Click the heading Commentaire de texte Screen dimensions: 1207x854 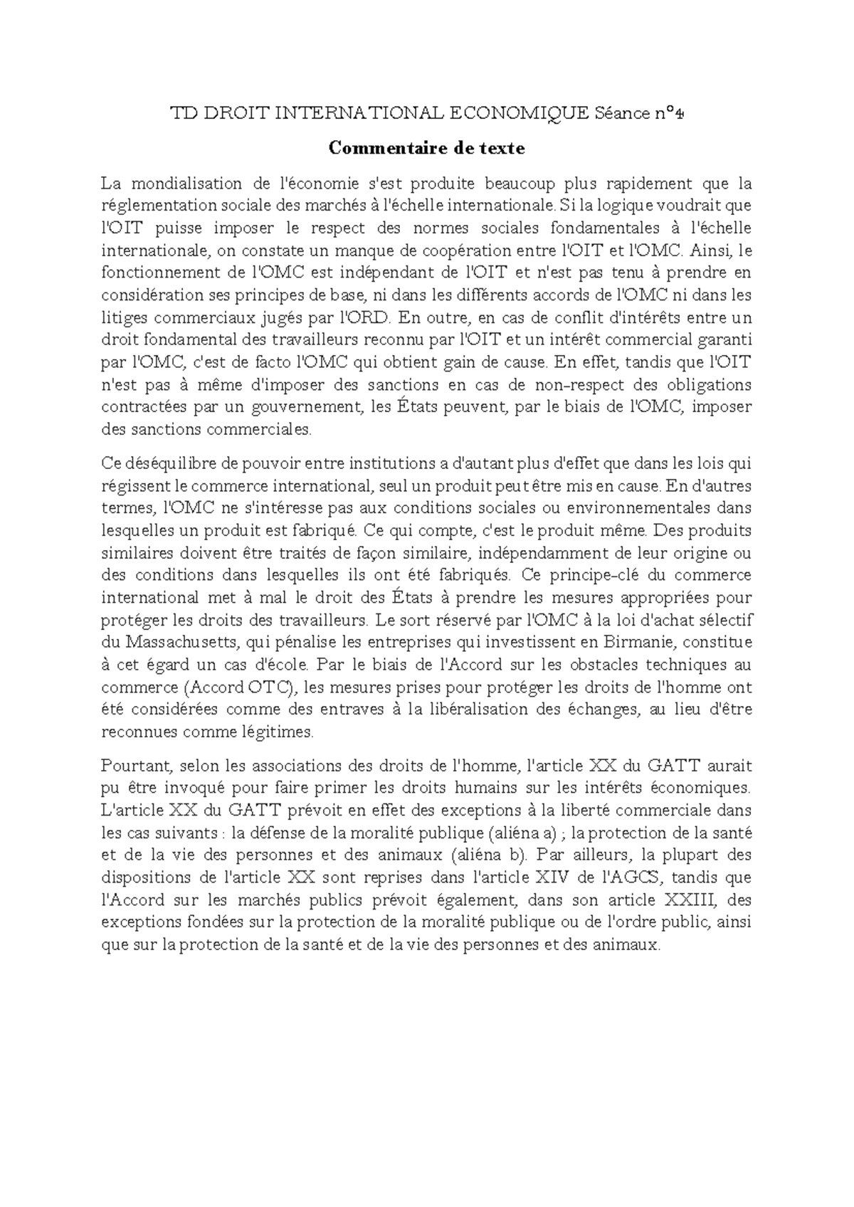click(x=426, y=148)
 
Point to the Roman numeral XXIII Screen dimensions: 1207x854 click(x=692, y=900)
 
